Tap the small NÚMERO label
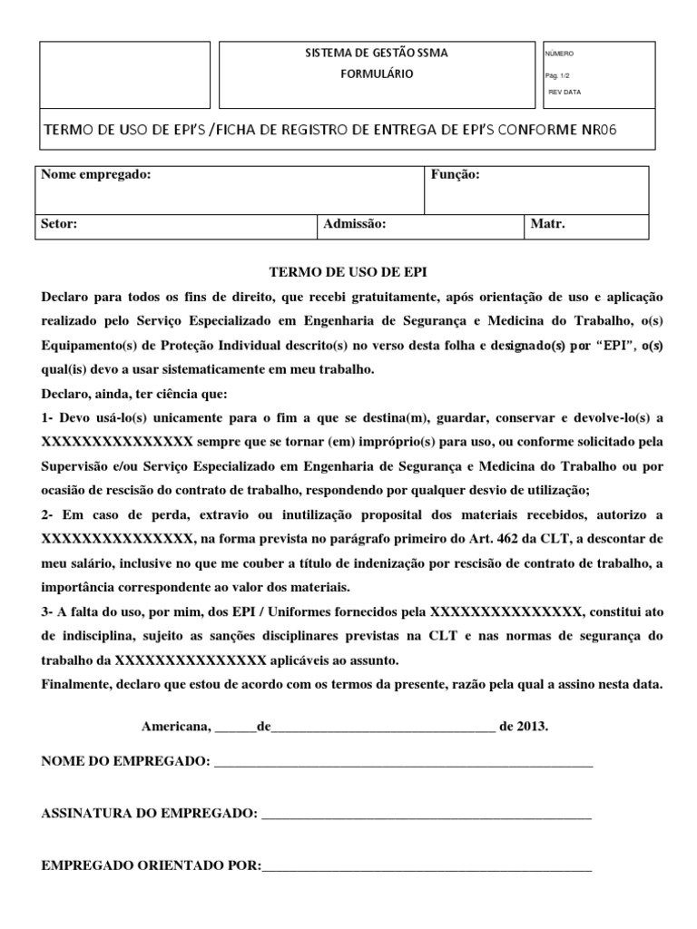(559, 54)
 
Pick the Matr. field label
(547, 224)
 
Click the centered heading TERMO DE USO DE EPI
(349, 272)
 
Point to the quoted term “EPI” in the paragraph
(595, 345)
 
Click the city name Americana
(175, 728)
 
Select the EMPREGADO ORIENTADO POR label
(151, 865)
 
